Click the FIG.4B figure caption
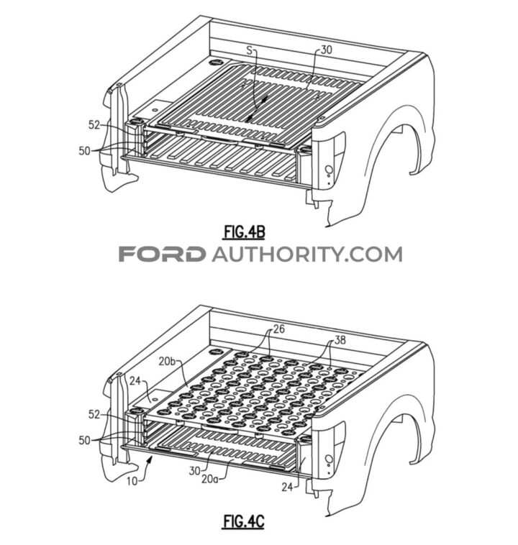(x=244, y=232)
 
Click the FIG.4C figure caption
(x=244, y=521)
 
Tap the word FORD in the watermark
(x=161, y=254)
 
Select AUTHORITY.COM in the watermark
(x=307, y=254)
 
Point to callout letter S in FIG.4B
(x=250, y=50)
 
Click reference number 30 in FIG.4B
(x=326, y=50)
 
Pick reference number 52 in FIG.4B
(x=94, y=125)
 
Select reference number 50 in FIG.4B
(x=85, y=151)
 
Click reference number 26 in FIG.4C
(x=278, y=329)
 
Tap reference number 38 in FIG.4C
(x=340, y=339)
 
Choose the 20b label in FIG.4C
(x=168, y=361)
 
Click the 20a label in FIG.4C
(x=210, y=479)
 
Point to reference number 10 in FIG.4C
(x=132, y=481)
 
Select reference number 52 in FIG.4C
(x=94, y=414)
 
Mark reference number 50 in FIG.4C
(x=85, y=440)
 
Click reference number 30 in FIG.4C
(x=195, y=471)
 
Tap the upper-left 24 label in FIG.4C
(x=136, y=381)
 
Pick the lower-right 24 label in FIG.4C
(x=287, y=487)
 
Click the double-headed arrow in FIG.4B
(x=257, y=109)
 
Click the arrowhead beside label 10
(x=150, y=460)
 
